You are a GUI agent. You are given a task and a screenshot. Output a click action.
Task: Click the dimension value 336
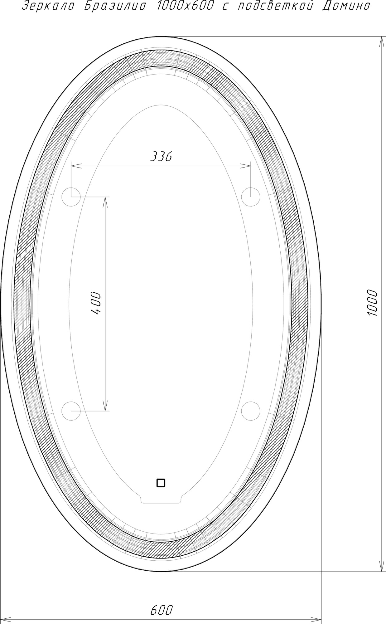tap(161, 157)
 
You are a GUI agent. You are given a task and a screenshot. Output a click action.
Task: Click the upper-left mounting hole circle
tap(71, 197)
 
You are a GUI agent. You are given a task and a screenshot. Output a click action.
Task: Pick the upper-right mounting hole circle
tap(251, 197)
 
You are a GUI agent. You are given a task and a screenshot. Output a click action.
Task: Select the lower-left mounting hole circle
tap(71, 411)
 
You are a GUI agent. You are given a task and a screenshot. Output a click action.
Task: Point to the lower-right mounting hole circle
tap(251, 411)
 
